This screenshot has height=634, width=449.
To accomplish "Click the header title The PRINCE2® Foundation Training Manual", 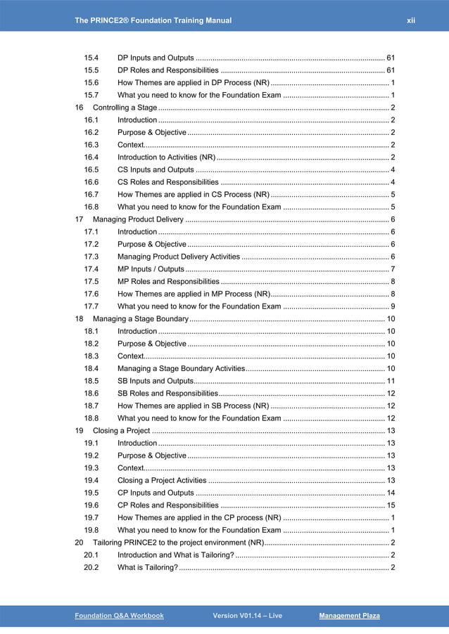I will pyautogui.click(x=153, y=20).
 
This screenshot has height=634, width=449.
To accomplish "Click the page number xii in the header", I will pyautogui.click(x=411, y=20).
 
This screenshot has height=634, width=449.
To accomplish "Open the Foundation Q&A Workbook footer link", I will pyautogui.click(x=119, y=616).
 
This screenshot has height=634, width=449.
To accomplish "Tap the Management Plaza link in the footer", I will pyautogui.click(x=349, y=616).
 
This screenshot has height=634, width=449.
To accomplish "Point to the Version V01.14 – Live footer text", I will pyautogui.click(x=247, y=616).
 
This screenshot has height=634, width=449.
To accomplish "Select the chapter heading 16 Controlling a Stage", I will pyautogui.click(x=116, y=108).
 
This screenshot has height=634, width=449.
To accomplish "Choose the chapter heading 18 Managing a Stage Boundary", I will pyautogui.click(x=131, y=319).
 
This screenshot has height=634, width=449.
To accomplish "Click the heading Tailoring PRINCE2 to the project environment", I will pyautogui.click(x=169, y=543).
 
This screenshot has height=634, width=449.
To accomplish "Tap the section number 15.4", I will pyautogui.click(x=91, y=58).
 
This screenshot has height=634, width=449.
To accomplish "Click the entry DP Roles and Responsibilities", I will pyautogui.click(x=167, y=70).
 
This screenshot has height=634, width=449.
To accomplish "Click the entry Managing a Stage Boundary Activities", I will pyautogui.click(x=181, y=368).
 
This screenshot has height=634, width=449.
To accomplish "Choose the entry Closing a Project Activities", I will pyautogui.click(x=162, y=480).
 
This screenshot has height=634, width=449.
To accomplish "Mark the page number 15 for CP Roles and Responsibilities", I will pyautogui.click(x=391, y=505).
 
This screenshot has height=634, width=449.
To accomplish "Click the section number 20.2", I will pyautogui.click(x=91, y=567).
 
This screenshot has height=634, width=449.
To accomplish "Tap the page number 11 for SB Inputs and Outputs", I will pyautogui.click(x=391, y=381).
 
